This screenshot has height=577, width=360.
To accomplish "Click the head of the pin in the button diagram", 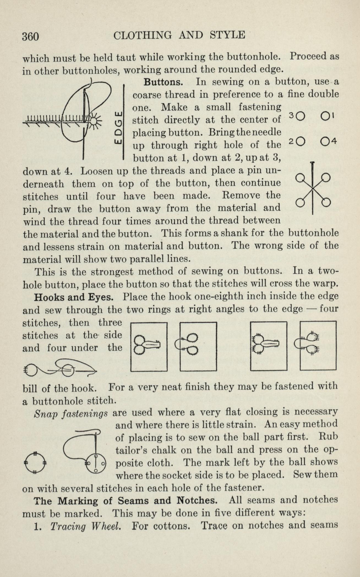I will [312, 163].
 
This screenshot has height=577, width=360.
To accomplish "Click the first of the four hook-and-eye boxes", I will [149, 346].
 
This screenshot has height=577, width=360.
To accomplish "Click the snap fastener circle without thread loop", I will [35, 463].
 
